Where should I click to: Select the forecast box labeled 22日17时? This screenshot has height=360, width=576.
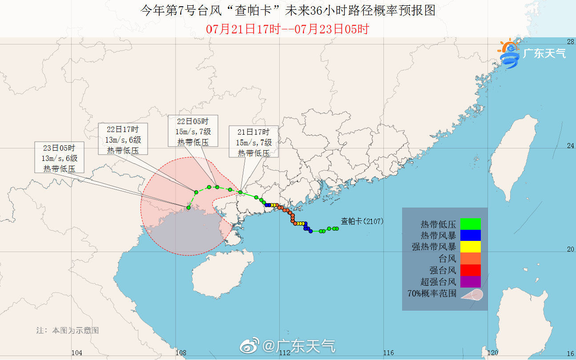(123, 140)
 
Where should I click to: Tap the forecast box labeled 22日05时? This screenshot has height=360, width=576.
(193, 132)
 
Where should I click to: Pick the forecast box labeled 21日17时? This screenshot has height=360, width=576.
(254, 142)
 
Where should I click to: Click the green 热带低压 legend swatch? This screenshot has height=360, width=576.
(471, 224)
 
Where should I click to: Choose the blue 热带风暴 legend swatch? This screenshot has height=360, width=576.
(471, 235)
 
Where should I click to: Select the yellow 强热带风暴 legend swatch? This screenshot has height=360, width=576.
(471, 247)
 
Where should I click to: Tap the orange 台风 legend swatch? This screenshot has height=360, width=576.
(471, 258)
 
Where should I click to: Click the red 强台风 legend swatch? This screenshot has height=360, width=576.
(471, 270)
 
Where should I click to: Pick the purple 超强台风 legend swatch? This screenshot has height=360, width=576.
(471, 281)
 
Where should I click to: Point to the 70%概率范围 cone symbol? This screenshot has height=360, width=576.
(471, 294)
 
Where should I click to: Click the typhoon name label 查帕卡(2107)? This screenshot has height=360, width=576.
(362, 221)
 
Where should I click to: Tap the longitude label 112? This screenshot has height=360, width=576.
(285, 353)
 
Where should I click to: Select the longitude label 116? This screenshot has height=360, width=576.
(388, 353)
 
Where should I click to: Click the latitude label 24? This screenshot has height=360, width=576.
(570, 146)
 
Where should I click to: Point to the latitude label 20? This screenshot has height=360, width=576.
(570, 249)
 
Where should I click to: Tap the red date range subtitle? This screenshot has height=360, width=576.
(288, 29)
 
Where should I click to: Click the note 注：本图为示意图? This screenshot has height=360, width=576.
(68, 330)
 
